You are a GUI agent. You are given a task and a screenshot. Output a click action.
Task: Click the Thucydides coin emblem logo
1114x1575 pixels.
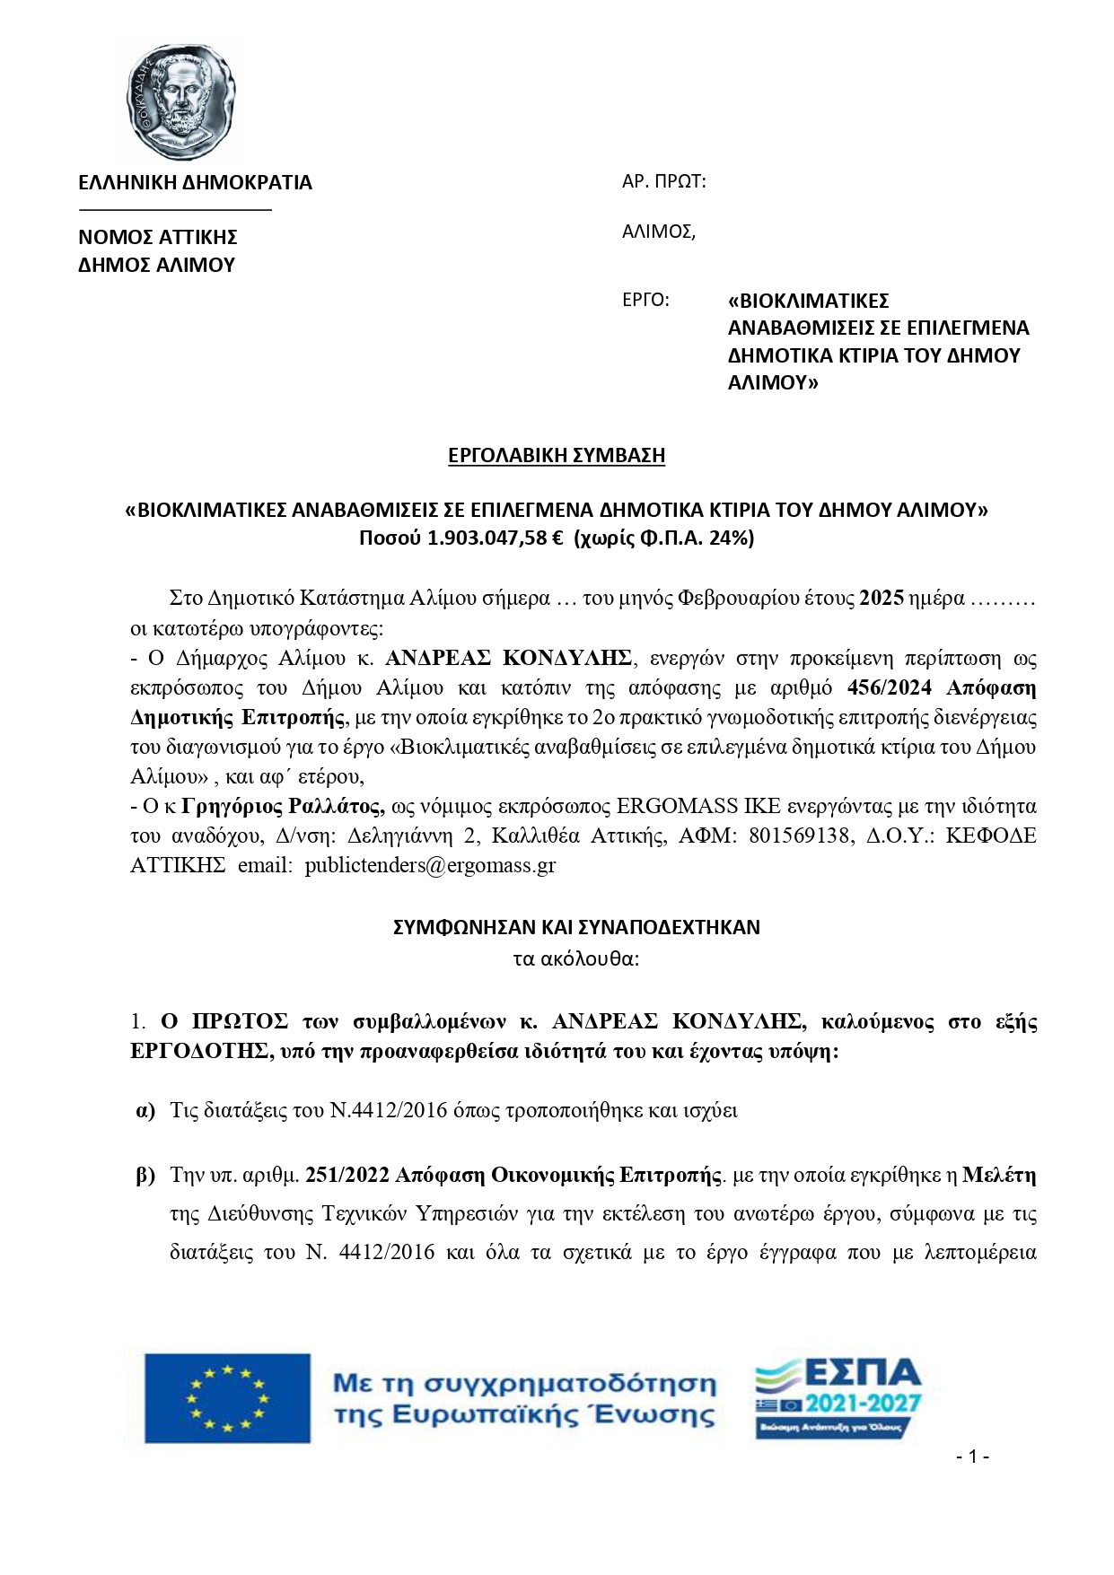pyautogui.click(x=184, y=101)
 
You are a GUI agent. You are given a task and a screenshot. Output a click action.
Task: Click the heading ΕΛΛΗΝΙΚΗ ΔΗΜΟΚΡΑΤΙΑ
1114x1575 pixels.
pyautogui.click(x=195, y=183)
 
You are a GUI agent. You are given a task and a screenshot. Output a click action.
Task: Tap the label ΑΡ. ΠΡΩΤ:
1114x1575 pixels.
pyautogui.click(x=663, y=182)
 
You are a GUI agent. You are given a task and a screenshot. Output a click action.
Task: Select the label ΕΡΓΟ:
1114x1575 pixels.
pyautogui.click(x=645, y=300)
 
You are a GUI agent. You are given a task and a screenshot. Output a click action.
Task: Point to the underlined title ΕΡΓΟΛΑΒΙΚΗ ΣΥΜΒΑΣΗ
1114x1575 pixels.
pyautogui.click(x=557, y=456)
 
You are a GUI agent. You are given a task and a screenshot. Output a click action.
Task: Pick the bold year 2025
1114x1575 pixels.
pyautogui.click(x=881, y=599)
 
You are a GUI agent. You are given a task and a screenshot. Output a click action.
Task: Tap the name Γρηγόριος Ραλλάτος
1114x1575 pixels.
pyautogui.click(x=284, y=806)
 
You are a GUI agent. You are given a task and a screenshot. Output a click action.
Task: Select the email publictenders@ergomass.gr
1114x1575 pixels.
pyautogui.click(x=430, y=865)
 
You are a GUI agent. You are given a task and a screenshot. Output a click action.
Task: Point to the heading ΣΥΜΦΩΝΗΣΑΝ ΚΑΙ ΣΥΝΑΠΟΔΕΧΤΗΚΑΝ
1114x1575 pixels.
pyautogui.click(x=576, y=927)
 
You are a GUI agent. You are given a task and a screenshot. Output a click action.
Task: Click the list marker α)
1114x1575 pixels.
pyautogui.click(x=145, y=1111)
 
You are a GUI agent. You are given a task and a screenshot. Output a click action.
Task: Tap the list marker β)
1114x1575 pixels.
pyautogui.click(x=145, y=1175)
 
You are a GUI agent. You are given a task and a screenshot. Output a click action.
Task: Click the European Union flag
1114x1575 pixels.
pyautogui.click(x=227, y=1398)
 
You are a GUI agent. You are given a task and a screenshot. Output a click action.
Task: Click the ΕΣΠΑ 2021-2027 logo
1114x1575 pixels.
pyautogui.click(x=838, y=1398)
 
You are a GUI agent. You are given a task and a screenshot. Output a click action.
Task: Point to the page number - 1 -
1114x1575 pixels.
pyautogui.click(x=972, y=1456)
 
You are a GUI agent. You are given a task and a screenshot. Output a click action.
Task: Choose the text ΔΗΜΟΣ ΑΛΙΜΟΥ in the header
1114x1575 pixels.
pyautogui.click(x=156, y=266)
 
